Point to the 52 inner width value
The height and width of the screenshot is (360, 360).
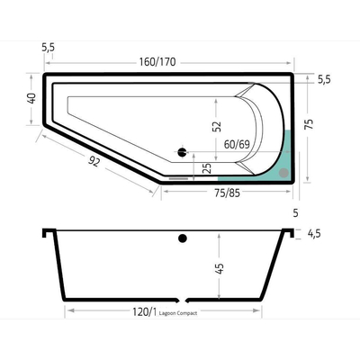pyautogui.click(x=215, y=127)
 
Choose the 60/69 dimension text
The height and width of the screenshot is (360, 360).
pyautogui.click(x=237, y=144)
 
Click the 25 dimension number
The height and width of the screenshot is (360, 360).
pyautogui.click(x=207, y=166)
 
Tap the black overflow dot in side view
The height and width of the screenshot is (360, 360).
pyautogui.click(x=183, y=238)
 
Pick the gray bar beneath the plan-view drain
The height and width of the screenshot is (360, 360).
pyautogui.click(x=180, y=177)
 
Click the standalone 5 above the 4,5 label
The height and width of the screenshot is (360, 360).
pyautogui.click(x=296, y=213)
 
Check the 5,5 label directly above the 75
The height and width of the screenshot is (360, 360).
pyautogui.click(x=324, y=79)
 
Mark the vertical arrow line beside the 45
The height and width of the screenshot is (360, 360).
pyautogui.click(x=220, y=265)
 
